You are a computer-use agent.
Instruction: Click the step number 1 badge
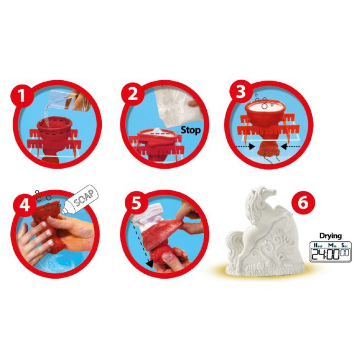tap(21, 95)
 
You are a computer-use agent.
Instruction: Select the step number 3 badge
tap(240, 92)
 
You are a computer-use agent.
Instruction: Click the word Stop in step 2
tap(191, 130)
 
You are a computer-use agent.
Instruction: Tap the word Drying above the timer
tap(330, 236)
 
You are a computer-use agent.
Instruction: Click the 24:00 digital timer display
tap(330, 252)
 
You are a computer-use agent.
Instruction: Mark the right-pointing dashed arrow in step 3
tap(245, 146)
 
